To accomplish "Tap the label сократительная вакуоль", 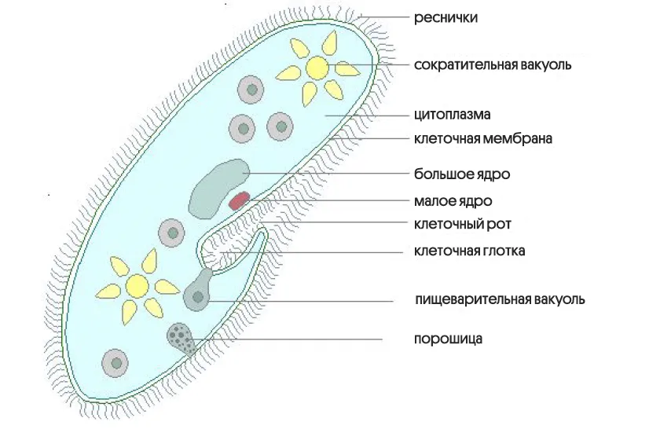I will (x=493, y=64).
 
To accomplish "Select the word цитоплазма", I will (x=452, y=115).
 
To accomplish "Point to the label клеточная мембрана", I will (x=483, y=139).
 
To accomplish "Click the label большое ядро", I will (x=456, y=173).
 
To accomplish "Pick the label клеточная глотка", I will (x=469, y=251).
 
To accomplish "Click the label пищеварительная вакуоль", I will (x=500, y=299).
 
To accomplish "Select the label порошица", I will (x=448, y=339).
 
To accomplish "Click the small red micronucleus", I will (x=239, y=200).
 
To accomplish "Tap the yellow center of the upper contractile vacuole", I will (x=317, y=67).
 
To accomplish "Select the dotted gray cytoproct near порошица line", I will (x=181, y=338).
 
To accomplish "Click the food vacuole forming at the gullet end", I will (x=197, y=295).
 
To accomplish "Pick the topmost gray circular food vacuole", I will (x=251, y=90).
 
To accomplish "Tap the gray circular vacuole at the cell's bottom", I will (x=116, y=363).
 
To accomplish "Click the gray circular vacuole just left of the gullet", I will (x=171, y=233).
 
